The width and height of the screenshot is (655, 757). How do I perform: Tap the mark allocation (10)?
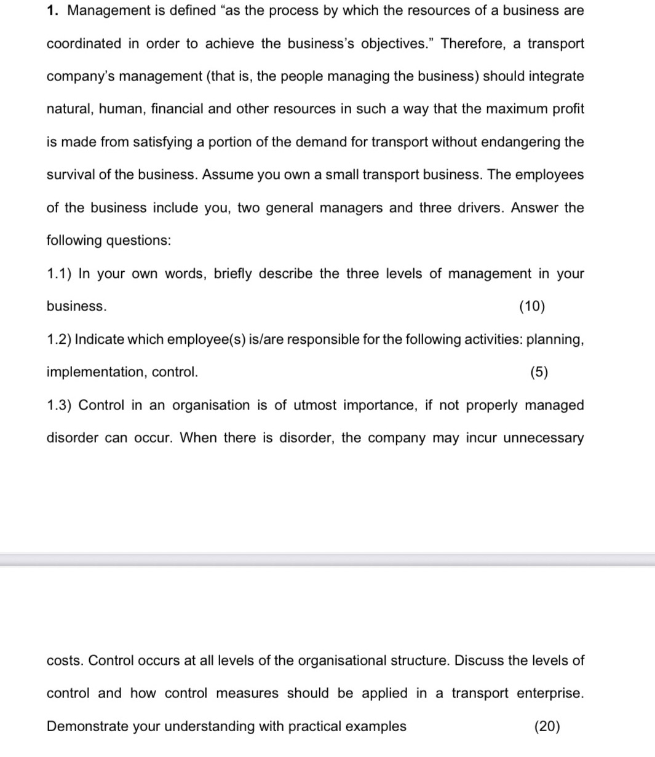(532, 306)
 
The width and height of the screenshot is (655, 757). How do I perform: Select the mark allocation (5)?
(539, 372)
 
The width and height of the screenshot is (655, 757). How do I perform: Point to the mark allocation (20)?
(547, 726)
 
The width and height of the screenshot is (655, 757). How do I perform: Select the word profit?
(568, 109)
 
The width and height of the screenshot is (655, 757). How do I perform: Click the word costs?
(65, 660)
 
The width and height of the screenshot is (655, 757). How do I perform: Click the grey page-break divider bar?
(327, 560)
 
